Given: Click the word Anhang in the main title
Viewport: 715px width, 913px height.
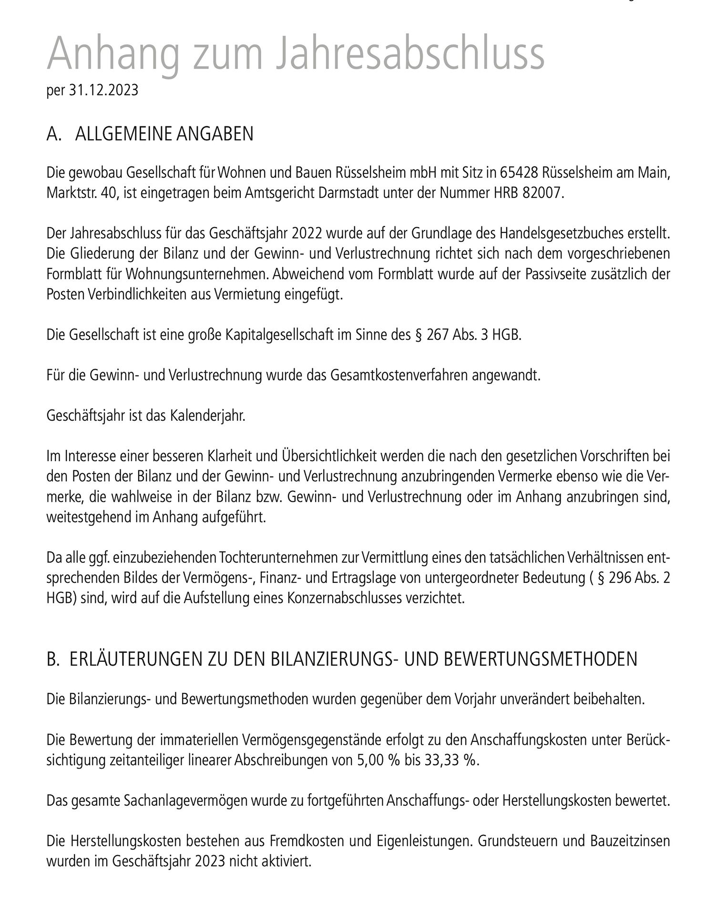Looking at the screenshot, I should (114, 53).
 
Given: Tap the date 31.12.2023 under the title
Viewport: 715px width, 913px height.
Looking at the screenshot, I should (103, 90).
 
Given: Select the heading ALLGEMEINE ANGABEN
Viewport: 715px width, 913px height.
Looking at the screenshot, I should (164, 134).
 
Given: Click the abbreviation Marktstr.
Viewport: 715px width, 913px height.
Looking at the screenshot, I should (72, 194).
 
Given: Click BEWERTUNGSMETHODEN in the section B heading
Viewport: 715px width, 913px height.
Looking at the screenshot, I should (542, 659).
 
